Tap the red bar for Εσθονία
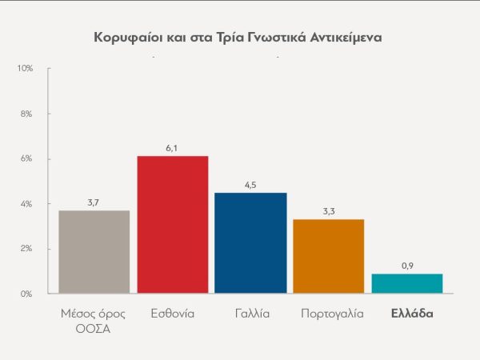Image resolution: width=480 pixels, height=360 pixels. point(173,225)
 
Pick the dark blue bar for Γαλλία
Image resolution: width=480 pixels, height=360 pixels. point(251,243)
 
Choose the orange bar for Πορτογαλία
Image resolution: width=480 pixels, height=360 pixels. point(329,256)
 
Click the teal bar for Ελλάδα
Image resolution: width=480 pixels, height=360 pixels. point(407,283)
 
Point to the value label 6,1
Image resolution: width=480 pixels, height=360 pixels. point(173,148)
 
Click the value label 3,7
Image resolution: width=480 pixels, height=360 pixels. point(94,202)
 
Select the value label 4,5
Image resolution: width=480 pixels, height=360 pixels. point(251,185)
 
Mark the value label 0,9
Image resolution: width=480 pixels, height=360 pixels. point(407,266)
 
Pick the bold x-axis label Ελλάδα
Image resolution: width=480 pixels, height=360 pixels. point(411,314)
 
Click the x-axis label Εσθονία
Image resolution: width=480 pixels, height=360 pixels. point(173,314)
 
